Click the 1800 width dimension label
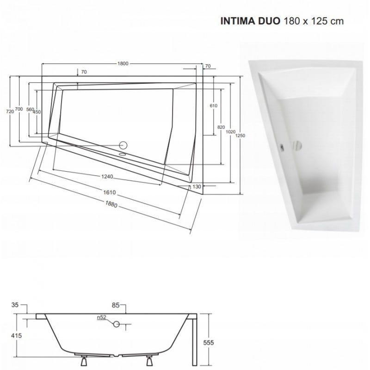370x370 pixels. pyautogui.click(x=123, y=63)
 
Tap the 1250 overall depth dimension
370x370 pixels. pyautogui.click(x=240, y=136)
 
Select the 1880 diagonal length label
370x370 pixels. pyautogui.click(x=111, y=204)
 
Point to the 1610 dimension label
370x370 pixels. pyautogui.click(x=110, y=192)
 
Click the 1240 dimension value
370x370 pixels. pyautogui.click(x=107, y=177)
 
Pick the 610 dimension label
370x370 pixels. pyautogui.click(x=214, y=105)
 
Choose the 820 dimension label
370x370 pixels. pyautogui.click(x=221, y=127)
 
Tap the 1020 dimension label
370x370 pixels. pyautogui.click(x=230, y=132)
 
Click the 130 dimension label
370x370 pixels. pyautogui.click(x=197, y=187)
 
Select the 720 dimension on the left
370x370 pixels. pyautogui.click(x=10, y=111)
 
